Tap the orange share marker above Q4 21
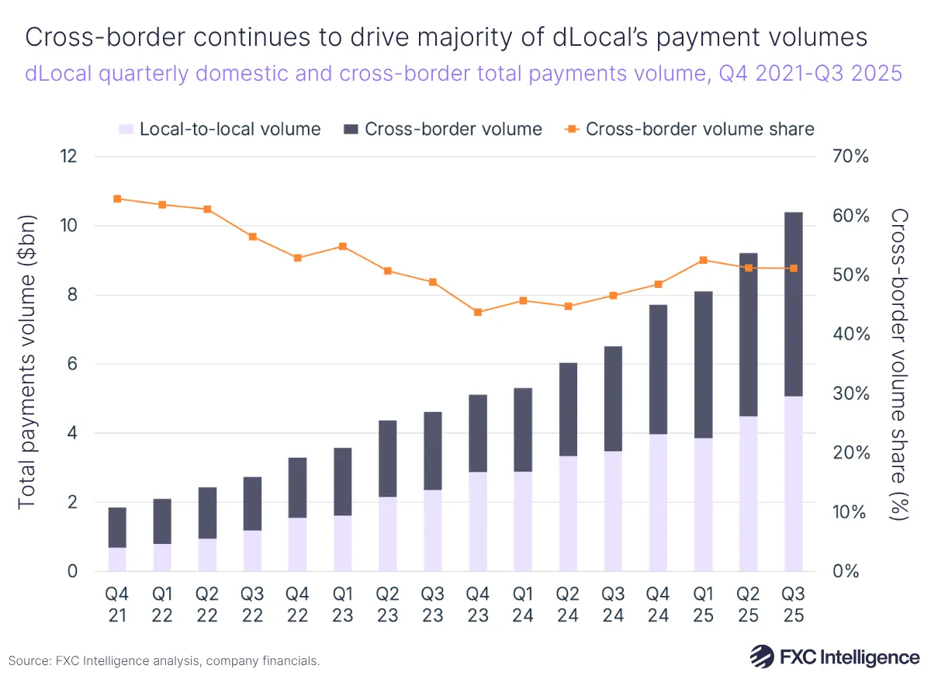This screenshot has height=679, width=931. click(117, 199)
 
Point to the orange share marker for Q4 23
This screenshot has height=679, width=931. click(477, 312)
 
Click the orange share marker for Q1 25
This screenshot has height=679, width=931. click(703, 260)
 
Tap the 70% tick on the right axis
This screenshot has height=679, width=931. click(852, 157)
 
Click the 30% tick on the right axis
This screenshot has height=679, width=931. click(852, 393)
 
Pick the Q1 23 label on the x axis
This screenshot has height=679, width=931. click(342, 604)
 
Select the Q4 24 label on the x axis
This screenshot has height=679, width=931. click(658, 604)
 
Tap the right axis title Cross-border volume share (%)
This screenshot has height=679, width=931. click(900, 365)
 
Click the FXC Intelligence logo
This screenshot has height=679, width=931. click(835, 656)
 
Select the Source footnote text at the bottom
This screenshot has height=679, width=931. click(164, 661)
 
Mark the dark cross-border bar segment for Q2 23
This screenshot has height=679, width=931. click(387, 459)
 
